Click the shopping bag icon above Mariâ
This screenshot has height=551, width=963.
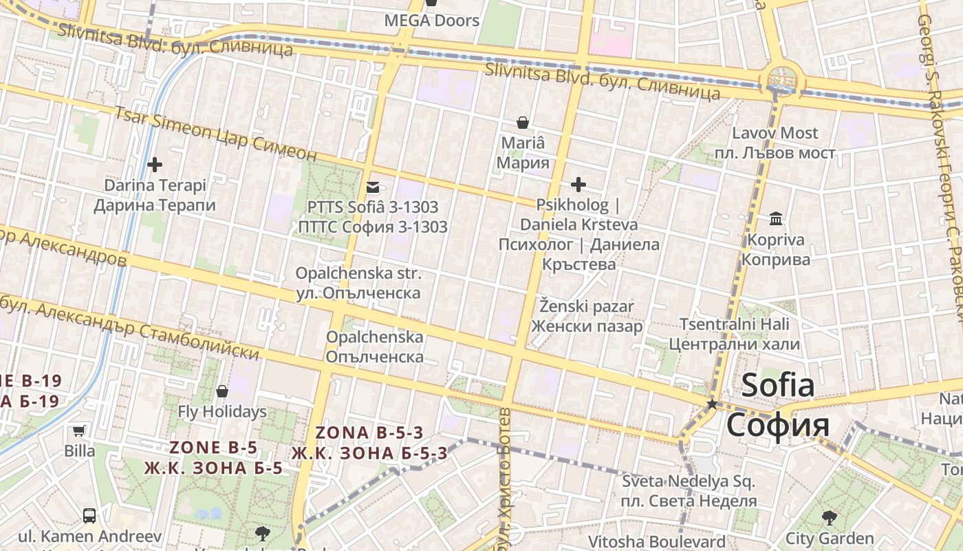coord(523,123)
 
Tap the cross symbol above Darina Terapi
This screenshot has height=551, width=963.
coord(155,165)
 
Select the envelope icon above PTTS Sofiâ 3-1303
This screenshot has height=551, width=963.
coord(373,187)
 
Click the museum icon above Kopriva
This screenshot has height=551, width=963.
coord(777,219)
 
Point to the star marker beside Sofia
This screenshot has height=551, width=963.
coord(712,404)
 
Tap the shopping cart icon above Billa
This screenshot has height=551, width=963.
coord(79,431)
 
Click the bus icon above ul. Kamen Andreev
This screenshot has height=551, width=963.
coord(89,515)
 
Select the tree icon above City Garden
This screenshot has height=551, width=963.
coord(830,517)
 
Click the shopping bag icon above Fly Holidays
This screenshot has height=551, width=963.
coord(222,391)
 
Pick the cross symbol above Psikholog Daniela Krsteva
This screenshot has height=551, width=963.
coord(578,184)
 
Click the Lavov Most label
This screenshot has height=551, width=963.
coord(775,133)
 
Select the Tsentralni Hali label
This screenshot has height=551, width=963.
coord(735,324)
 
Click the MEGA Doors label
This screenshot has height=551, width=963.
coord(431,21)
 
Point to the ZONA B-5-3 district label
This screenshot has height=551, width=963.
coord(369,433)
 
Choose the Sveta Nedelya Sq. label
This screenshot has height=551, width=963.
coord(689,481)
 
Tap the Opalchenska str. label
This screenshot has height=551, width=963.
coord(358,273)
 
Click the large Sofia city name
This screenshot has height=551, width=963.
coord(778,386)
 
